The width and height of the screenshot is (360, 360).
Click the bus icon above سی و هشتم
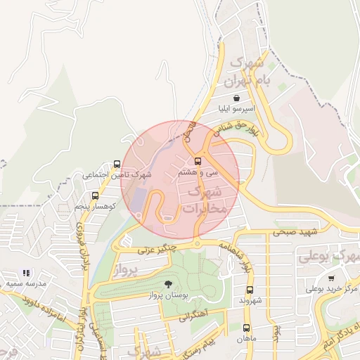(x=196, y=160)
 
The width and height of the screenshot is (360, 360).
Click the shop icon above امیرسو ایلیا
(x=236, y=98)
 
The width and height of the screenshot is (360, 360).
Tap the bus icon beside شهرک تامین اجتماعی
(x=117, y=163)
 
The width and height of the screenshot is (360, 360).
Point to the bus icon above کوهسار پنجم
(x=94, y=196)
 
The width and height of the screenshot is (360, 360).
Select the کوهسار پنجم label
(x=95, y=207)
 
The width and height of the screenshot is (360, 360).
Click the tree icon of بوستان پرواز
(x=167, y=283)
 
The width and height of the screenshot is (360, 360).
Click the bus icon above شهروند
(x=250, y=289)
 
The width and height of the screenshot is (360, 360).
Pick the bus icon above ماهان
(x=246, y=327)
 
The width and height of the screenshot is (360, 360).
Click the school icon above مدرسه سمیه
(x=26, y=273)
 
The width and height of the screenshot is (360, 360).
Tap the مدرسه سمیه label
(x=26, y=283)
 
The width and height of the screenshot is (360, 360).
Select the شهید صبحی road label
(x=297, y=231)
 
